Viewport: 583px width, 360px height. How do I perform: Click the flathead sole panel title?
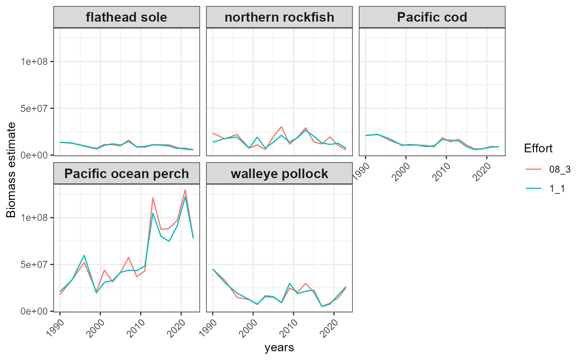tap(127, 17)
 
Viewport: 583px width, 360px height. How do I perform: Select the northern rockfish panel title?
tap(279, 17)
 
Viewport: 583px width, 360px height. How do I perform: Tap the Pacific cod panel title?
tap(432, 17)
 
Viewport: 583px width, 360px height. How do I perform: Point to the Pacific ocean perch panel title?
tap(127, 174)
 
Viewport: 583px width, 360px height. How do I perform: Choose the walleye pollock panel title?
tap(279, 174)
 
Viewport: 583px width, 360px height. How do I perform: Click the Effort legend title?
tap(538, 149)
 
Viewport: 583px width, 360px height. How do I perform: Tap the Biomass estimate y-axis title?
tap(11, 170)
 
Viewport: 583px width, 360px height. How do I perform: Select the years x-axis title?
tap(279, 348)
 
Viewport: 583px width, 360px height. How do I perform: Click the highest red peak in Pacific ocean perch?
tap(185, 190)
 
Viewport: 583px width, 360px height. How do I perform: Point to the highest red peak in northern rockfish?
tap(282, 127)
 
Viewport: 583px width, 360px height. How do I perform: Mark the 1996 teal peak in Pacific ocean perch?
tap(84, 255)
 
